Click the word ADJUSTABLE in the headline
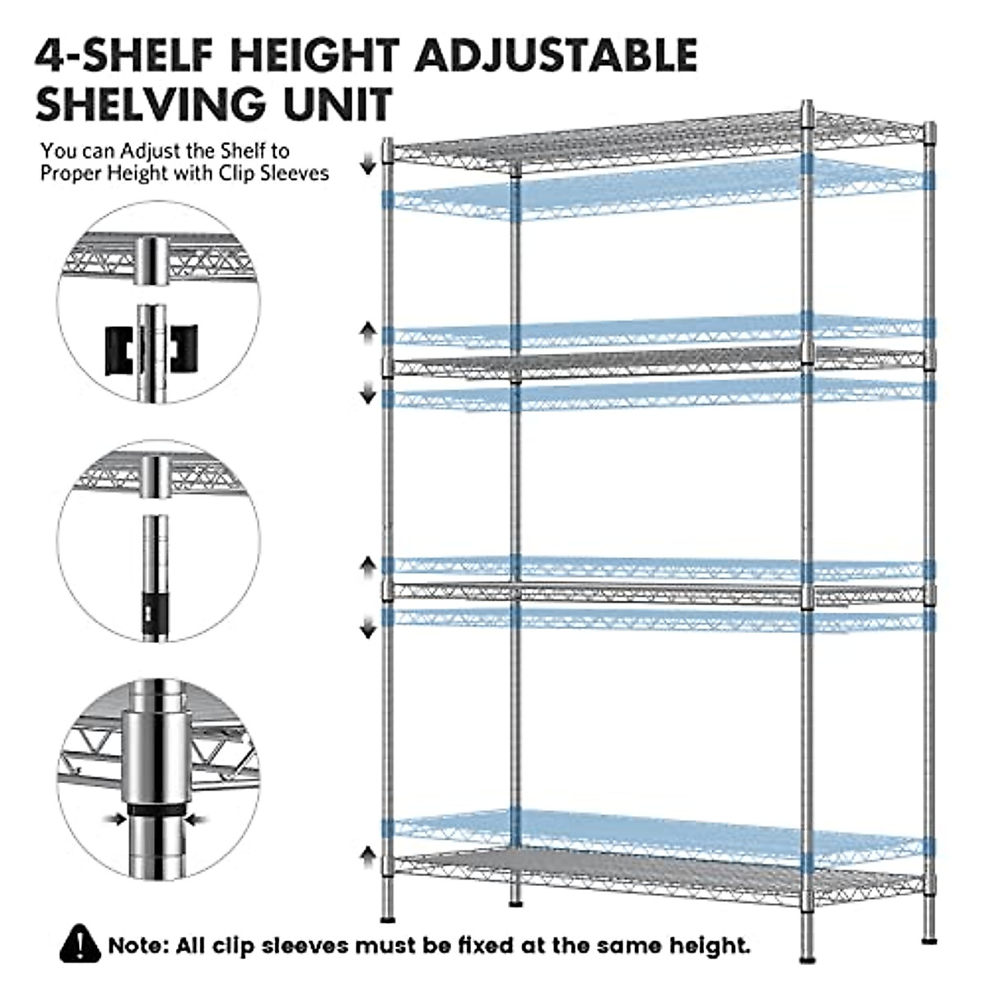[557, 55]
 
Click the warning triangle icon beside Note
[81, 944]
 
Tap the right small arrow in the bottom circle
[198, 818]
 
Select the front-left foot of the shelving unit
[388, 916]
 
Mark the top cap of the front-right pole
[808, 107]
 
